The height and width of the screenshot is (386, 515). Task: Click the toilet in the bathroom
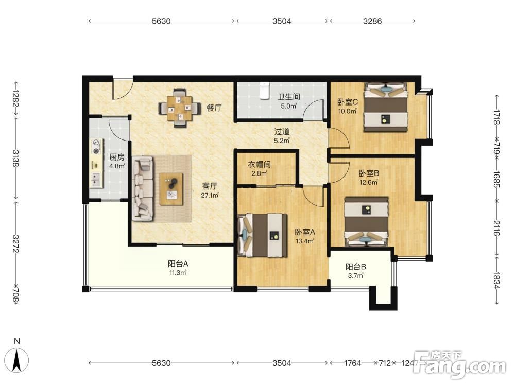pos(264,90)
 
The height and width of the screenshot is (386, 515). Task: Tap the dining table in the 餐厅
pos(179,108)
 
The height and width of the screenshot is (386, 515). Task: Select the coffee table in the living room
pos(171,189)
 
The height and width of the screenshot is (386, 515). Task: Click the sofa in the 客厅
pos(143,188)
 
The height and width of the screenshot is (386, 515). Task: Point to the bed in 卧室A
pos(262,235)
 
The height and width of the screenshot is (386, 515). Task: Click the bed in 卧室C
pos(386,108)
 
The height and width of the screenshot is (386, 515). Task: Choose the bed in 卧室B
pos(366,221)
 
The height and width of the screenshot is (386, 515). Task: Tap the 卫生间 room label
pos(289,97)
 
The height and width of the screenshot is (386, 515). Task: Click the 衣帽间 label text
pos(259,164)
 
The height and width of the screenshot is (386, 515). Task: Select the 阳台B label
pos(356,267)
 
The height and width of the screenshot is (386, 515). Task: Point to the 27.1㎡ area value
pos(210,195)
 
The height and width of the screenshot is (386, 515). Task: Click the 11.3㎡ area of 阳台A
pos(178,272)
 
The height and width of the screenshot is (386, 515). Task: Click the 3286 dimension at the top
pos(372,21)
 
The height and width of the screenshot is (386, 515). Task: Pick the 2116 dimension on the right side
pos(496,228)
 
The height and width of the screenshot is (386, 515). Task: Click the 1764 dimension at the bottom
pos(352,363)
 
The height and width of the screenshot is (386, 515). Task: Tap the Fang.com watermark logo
pos(460,364)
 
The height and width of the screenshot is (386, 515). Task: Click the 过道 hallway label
pos(282,132)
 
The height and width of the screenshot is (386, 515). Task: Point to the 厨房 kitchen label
pos(117,157)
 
